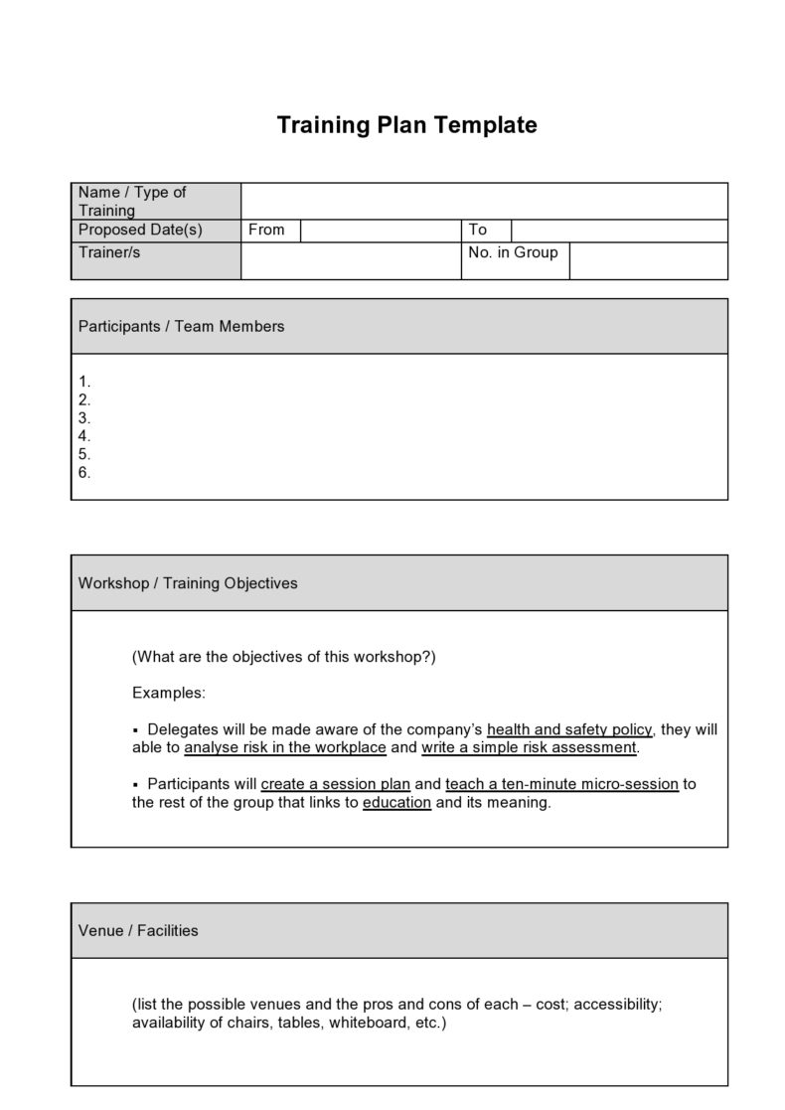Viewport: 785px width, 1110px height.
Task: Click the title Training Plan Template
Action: click(406, 125)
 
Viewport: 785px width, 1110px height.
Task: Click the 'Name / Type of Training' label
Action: click(132, 201)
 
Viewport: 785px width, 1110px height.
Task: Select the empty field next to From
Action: click(380, 231)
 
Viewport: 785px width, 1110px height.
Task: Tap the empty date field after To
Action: click(619, 231)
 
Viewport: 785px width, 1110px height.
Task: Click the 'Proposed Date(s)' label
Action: click(140, 230)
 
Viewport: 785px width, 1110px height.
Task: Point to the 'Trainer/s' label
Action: click(109, 252)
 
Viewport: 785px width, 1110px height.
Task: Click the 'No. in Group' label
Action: click(513, 252)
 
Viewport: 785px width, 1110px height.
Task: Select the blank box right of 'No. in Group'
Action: click(648, 260)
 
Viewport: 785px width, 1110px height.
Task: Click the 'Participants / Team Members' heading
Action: click(181, 326)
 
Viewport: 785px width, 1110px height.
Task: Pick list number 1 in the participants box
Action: click(84, 382)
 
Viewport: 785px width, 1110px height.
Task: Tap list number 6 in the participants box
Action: click(84, 472)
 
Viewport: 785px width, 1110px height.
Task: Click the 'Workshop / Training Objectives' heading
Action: click(188, 583)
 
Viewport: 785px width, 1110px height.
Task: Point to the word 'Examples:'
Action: click(169, 692)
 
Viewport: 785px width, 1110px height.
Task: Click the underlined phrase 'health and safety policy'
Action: click(569, 729)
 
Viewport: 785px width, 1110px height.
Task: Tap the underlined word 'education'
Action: click(396, 802)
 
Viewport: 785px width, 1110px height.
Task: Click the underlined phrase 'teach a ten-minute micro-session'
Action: click(561, 783)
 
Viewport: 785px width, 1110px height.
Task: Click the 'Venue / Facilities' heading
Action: click(138, 931)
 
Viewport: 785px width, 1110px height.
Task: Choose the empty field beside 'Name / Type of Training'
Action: click(484, 201)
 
